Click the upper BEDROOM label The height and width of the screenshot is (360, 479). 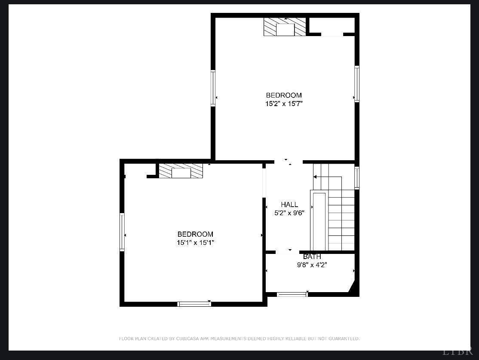284,95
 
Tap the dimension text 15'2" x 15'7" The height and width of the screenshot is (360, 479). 284,104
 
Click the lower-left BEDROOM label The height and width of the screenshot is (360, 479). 195,234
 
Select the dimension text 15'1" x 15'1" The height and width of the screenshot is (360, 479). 195,243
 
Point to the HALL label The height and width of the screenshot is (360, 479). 289,204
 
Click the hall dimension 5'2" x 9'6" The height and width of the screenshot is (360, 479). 289,213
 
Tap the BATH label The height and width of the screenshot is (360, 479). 312,257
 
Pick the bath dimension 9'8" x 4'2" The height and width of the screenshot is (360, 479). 312,265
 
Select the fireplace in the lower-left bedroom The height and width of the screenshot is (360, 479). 181,171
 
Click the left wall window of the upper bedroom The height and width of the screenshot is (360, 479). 213,88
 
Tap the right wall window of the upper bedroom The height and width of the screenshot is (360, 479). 356,84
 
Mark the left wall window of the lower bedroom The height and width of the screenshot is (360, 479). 122,232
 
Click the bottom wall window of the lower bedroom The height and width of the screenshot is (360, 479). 194,304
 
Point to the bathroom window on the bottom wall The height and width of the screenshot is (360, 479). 292,295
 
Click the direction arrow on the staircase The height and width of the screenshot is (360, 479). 316,177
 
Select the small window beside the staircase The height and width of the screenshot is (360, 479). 356,177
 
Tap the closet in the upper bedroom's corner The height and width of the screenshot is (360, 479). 332,25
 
